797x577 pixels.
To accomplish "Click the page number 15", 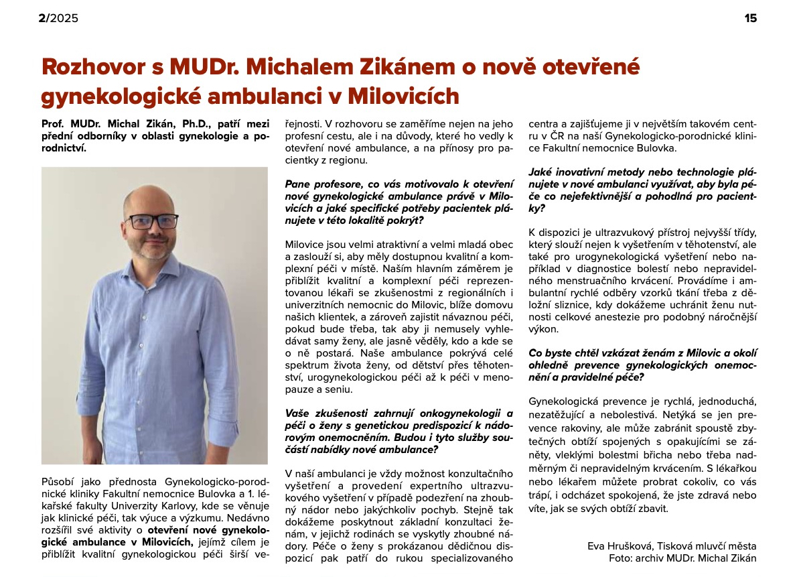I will pos(751,18).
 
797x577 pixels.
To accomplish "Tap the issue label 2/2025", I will pos(58,18).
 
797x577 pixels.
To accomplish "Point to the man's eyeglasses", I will pos(153,221).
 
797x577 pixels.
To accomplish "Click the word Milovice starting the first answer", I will pos(305,245).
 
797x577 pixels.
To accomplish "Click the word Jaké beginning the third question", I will pos(541,172).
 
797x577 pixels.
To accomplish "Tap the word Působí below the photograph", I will pos(58,480).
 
